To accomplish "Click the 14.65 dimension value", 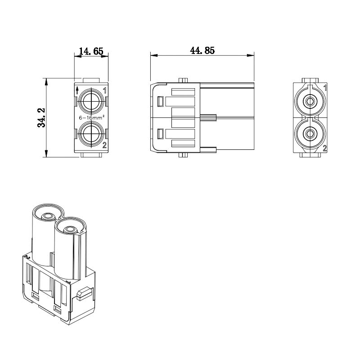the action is pos(91,51).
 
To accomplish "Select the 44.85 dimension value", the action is pos(202,50).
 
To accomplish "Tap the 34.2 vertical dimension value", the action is pos(41,117).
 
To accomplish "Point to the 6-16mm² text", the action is pos(92,117).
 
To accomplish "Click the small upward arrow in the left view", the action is pos(77,90).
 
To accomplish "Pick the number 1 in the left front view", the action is pos(105,90).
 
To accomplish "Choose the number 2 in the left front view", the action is pos(104,145).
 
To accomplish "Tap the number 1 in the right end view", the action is pos(325,88).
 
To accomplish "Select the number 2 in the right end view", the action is pos(325,148).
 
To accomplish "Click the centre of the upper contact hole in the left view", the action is pos(91,101).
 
